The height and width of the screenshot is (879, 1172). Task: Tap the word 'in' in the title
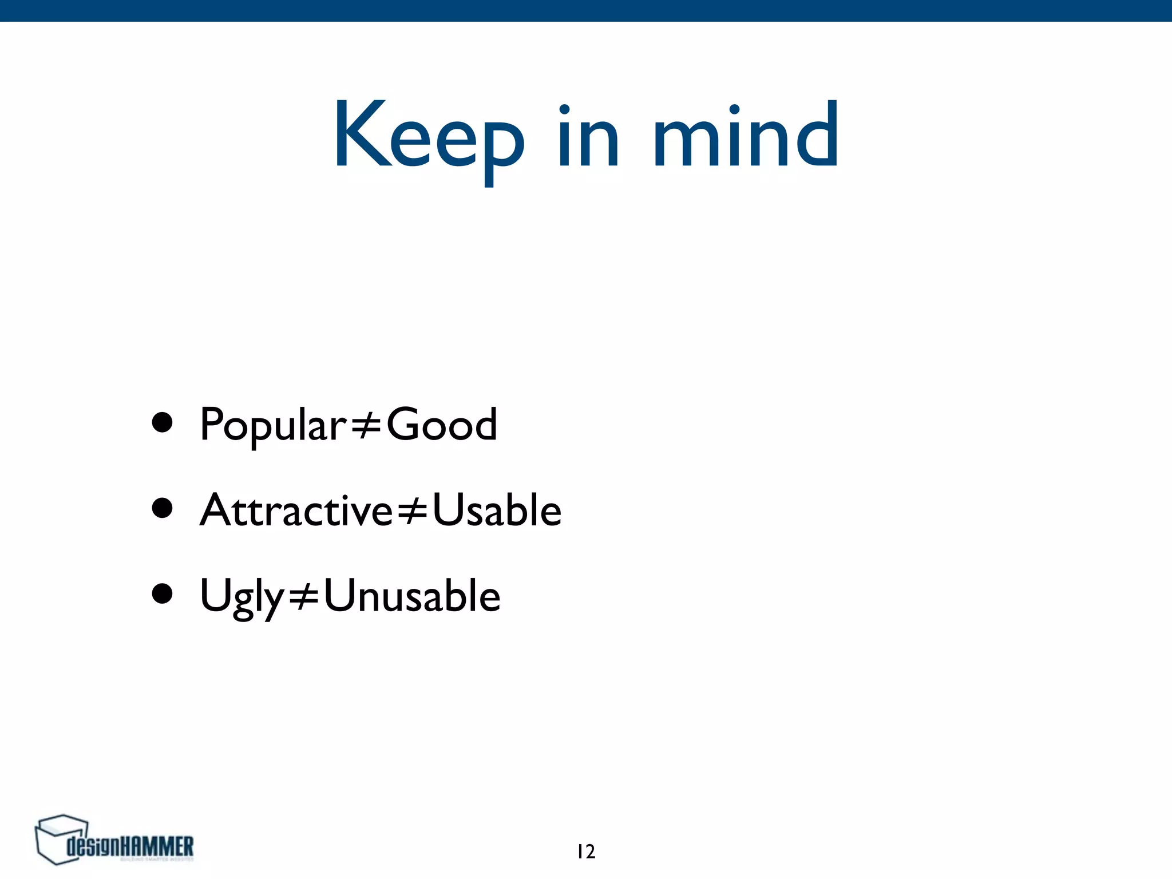pyautogui.click(x=589, y=136)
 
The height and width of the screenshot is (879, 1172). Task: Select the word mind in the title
pyautogui.click(x=746, y=135)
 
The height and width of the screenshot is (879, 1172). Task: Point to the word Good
pyautogui.click(x=442, y=425)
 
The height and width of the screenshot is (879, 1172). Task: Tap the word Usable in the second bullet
pyautogui.click(x=497, y=510)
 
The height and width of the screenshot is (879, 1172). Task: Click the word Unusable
pyautogui.click(x=412, y=596)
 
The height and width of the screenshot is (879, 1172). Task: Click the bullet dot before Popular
pyautogui.click(x=163, y=423)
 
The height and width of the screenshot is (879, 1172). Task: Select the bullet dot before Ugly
pyautogui.click(x=163, y=593)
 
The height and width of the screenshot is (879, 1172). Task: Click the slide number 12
pyautogui.click(x=586, y=852)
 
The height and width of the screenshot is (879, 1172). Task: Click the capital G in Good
pyautogui.click(x=405, y=424)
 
